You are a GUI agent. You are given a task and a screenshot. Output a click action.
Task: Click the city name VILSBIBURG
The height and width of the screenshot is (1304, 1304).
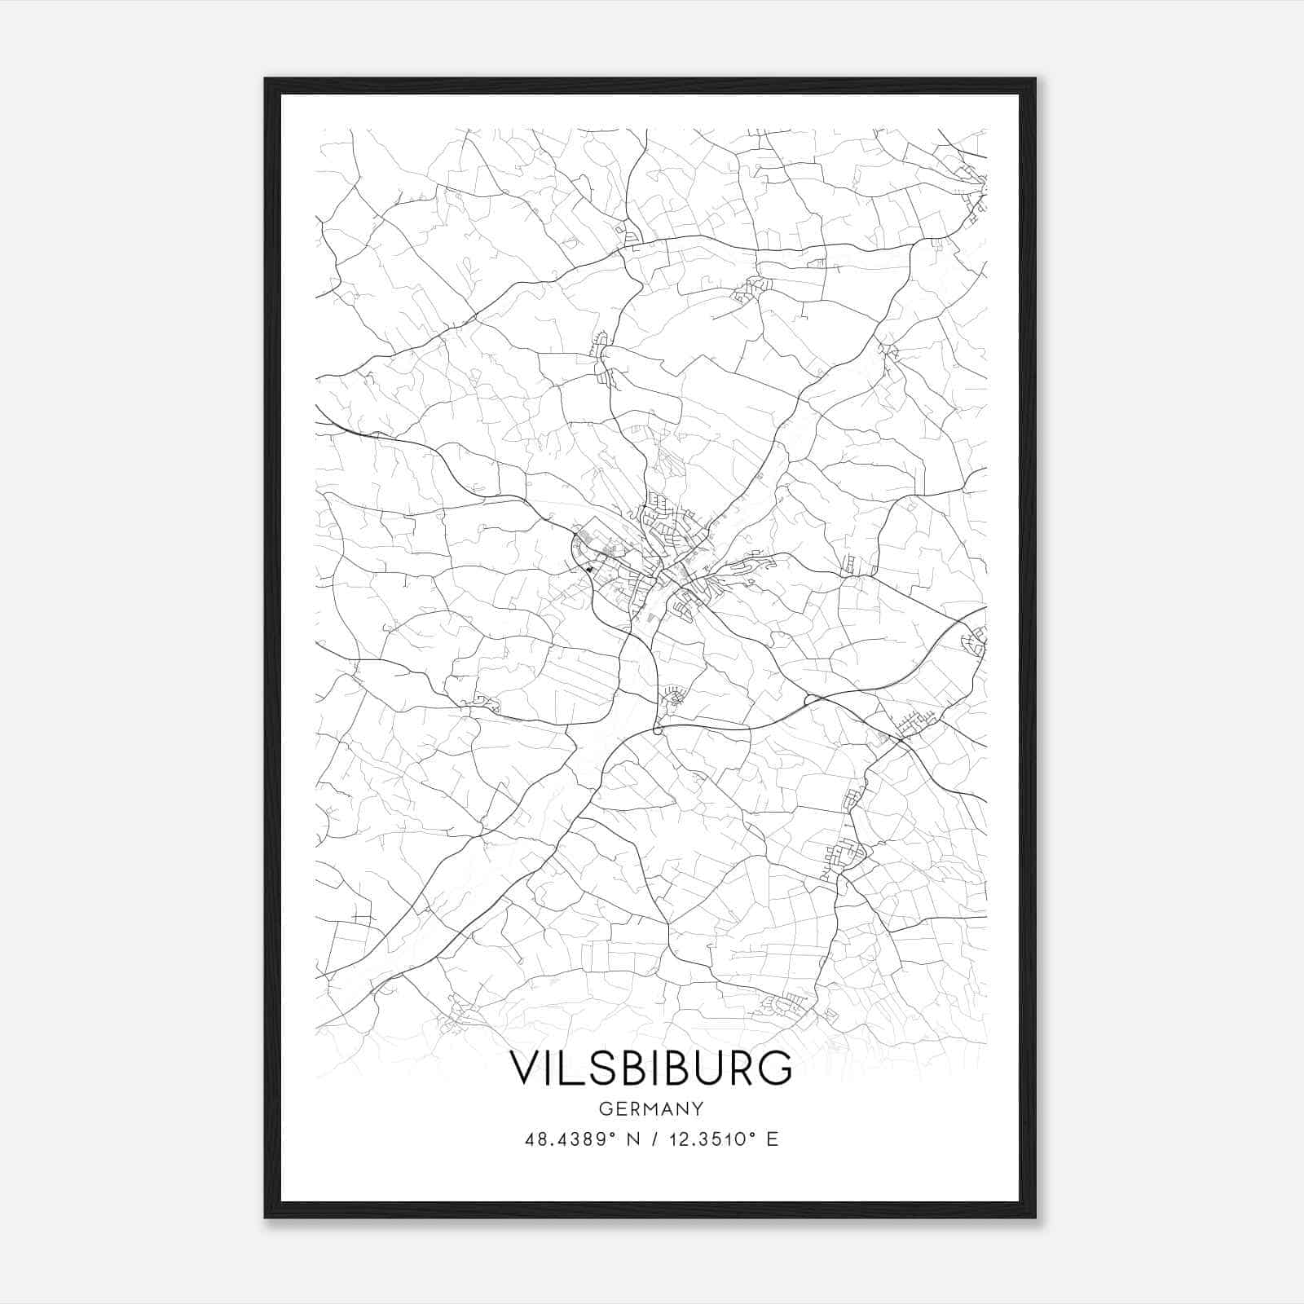(650, 1068)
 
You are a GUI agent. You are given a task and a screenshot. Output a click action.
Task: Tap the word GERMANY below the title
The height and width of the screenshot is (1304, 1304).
(650, 1109)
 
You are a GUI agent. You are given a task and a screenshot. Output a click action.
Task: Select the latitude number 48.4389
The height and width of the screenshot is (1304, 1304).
(563, 1139)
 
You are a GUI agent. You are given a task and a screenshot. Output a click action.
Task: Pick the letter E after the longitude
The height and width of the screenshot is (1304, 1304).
(772, 1139)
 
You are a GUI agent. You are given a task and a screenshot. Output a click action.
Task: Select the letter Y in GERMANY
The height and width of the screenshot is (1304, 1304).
(698, 1109)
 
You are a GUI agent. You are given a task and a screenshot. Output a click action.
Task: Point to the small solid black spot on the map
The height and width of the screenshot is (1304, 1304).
(588, 569)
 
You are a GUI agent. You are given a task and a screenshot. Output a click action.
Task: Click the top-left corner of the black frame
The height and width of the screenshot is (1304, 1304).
(266, 80)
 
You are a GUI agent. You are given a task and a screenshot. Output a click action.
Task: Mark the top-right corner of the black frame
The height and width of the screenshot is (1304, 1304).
(1035, 80)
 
